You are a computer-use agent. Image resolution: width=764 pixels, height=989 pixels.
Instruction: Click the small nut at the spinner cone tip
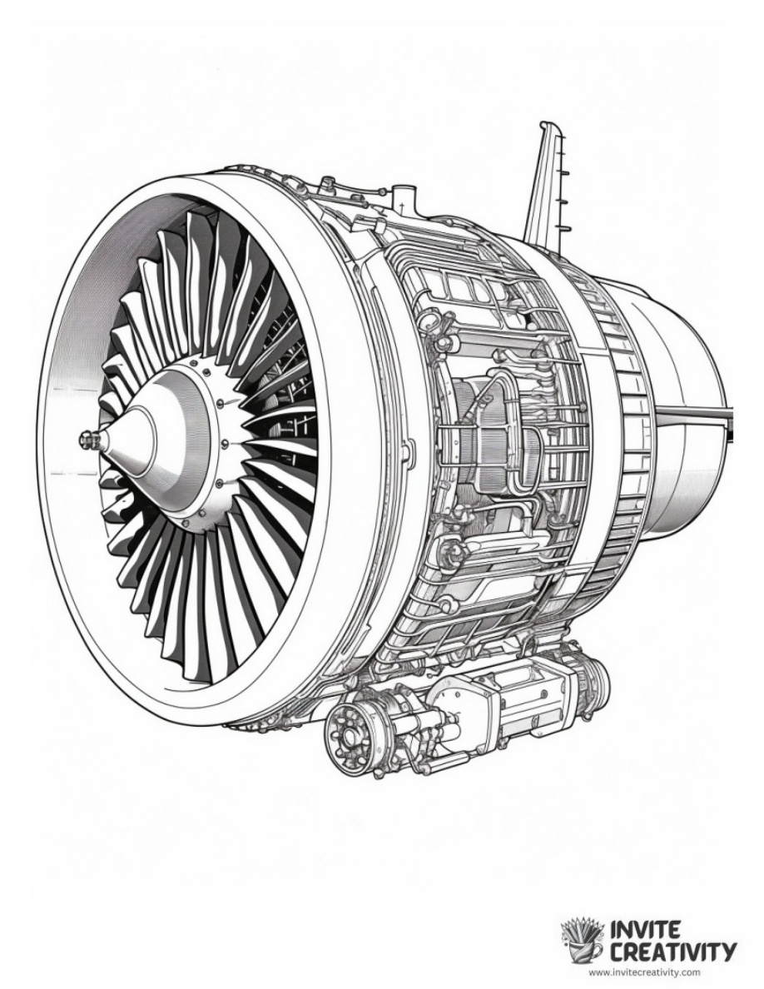[x=86, y=436]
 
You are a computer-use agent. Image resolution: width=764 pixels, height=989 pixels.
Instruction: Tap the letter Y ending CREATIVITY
[x=727, y=950]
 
